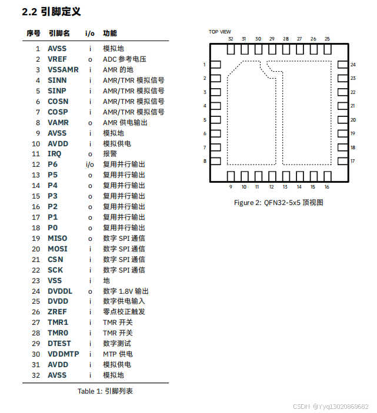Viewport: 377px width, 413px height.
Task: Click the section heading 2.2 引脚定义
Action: (x=51, y=11)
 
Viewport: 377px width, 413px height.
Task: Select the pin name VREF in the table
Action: (x=57, y=59)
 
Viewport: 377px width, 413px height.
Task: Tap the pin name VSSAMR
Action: (x=63, y=70)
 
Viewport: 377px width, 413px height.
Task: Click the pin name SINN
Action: (x=57, y=80)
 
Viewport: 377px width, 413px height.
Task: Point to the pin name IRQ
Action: (x=55, y=154)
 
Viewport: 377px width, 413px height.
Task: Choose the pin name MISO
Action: (x=58, y=239)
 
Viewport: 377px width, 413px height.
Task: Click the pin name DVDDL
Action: (x=60, y=291)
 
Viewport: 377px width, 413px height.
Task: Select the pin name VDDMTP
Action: (x=64, y=354)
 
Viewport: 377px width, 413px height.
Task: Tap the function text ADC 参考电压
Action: (x=124, y=59)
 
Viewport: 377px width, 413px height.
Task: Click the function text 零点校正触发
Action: (x=124, y=312)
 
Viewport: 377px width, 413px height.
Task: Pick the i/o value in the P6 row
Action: (x=90, y=164)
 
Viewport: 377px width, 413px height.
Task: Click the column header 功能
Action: (x=110, y=33)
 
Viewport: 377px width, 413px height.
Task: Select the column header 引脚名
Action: (x=59, y=33)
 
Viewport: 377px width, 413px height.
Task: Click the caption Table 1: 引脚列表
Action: (x=105, y=391)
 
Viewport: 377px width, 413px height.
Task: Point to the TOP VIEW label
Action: (x=220, y=32)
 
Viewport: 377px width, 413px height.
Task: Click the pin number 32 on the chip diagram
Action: (x=231, y=39)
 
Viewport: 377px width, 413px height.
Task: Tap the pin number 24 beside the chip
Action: (x=353, y=65)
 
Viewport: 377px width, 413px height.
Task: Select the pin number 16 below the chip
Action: (x=326, y=187)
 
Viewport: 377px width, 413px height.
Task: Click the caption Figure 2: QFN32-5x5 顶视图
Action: (x=279, y=203)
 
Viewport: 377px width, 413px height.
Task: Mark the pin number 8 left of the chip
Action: (x=205, y=161)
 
